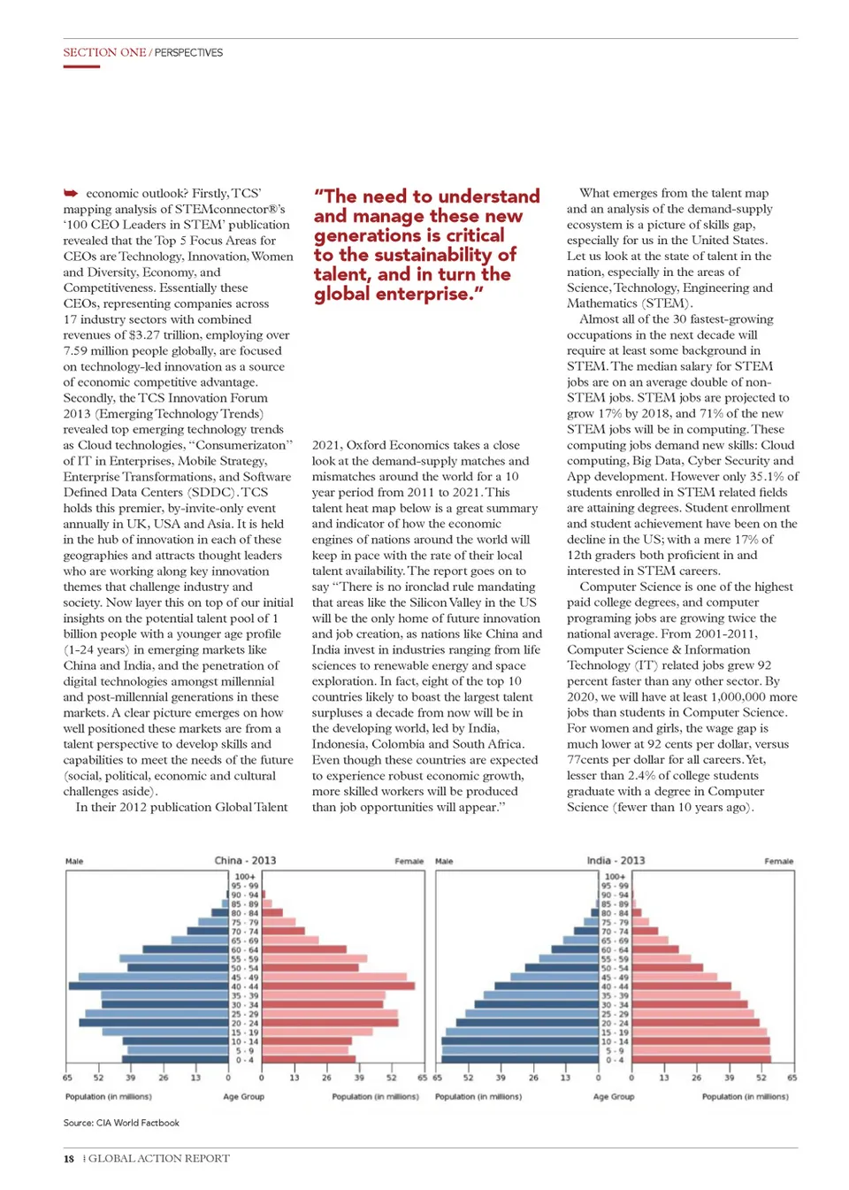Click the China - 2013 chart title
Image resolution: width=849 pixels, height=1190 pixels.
[245, 860]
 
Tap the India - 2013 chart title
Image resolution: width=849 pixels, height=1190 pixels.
[616, 860]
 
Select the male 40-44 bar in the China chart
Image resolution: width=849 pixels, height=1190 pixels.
[149, 986]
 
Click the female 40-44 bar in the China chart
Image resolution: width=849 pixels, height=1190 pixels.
[338, 986]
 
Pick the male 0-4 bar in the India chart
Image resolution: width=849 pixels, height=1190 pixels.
[520, 1059]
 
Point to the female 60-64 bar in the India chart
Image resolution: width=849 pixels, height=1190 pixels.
[654, 949]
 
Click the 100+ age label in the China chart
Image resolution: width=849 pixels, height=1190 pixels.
[245, 876]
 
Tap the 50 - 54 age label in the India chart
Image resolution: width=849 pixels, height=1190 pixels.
[616, 968]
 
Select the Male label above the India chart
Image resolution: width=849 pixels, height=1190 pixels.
[444, 861]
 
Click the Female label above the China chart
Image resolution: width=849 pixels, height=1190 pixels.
[409, 861]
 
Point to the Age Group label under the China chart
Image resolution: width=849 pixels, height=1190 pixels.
[243, 1096]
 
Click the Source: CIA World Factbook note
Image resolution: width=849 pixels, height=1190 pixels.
[121, 1123]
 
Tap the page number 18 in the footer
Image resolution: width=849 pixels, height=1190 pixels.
[69, 1158]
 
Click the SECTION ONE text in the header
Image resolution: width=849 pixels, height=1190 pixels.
[104, 52]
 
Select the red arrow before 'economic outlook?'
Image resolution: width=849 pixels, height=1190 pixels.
[71, 193]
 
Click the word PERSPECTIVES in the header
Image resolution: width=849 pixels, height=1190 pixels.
[188, 53]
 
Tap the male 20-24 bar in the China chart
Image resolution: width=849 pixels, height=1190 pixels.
[154, 1023]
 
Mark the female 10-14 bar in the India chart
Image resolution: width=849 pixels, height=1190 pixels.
[700, 1041]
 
